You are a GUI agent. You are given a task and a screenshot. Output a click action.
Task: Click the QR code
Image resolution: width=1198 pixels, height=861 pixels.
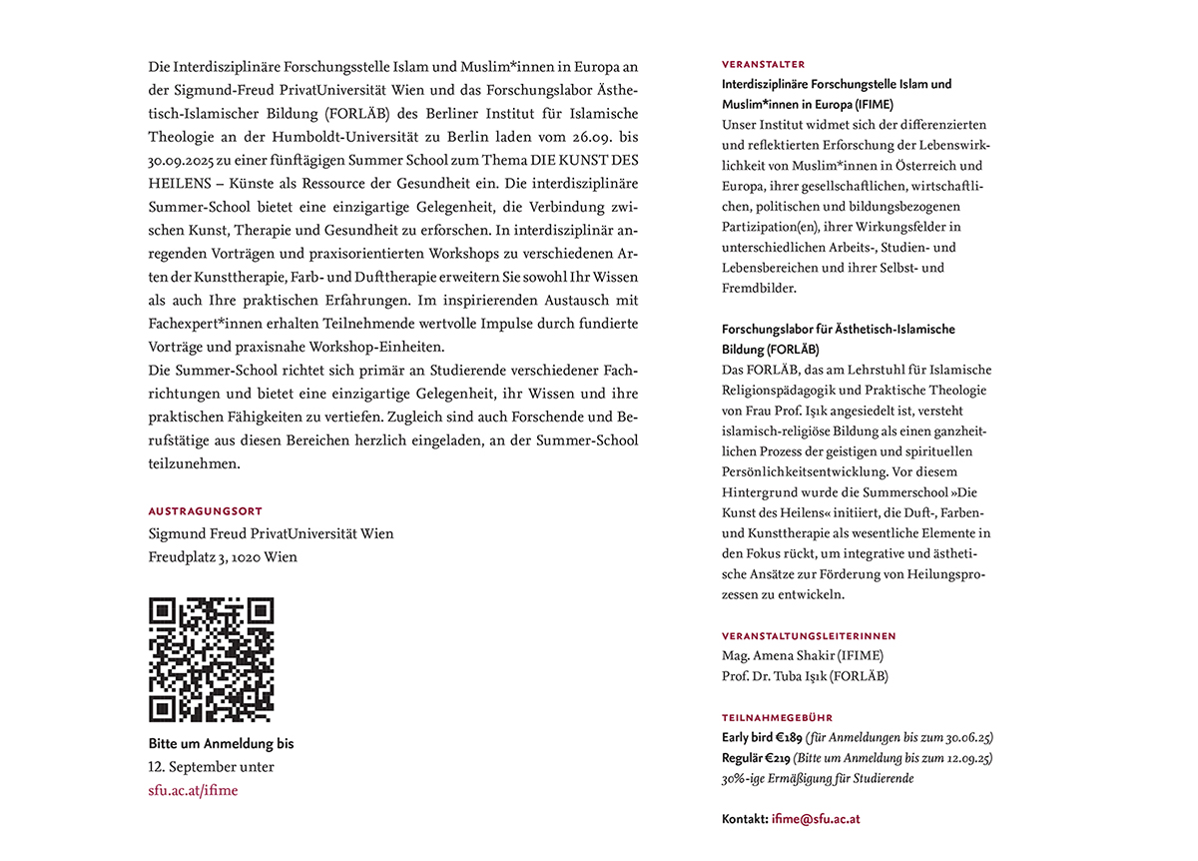[211, 659]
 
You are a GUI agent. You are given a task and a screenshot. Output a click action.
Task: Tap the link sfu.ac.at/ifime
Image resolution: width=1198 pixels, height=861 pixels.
[193, 791]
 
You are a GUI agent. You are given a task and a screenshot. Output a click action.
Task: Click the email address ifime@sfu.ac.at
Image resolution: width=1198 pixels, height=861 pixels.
[816, 819]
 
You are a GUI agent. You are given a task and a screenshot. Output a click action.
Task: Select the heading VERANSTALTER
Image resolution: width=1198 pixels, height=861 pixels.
[763, 64]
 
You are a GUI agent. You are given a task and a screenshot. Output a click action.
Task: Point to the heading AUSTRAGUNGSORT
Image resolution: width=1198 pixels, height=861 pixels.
[206, 511]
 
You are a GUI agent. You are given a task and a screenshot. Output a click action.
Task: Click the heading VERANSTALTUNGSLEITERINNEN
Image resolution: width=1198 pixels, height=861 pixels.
[809, 635]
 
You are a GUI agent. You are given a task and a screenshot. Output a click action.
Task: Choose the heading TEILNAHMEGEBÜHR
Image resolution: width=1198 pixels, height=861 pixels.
[777, 717]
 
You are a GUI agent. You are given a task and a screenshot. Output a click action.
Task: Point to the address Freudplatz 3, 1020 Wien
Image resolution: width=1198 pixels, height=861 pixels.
[223, 557]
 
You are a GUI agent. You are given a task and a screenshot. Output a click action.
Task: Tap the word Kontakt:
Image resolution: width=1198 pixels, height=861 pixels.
[745, 819]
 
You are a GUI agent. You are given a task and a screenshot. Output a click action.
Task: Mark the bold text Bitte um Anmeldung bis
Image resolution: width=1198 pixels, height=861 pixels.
[221, 744]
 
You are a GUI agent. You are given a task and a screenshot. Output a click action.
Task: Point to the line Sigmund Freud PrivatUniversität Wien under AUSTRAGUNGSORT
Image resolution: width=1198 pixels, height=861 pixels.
[271, 534]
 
